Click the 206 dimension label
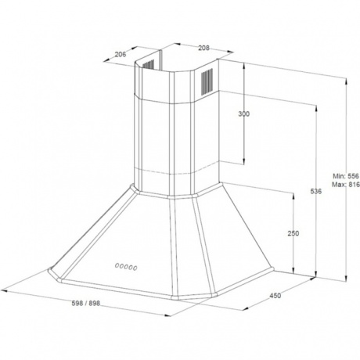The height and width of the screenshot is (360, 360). click(x=121, y=54)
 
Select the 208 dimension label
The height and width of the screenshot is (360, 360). click(x=204, y=48)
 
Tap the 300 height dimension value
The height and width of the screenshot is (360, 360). click(x=244, y=114)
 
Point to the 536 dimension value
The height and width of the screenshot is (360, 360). click(x=316, y=191)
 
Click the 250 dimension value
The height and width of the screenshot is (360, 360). click(x=293, y=233)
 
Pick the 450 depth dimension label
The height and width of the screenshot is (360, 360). click(x=275, y=296)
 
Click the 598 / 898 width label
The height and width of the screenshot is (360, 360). click(x=86, y=303)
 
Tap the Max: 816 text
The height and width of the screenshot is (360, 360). click(x=346, y=185)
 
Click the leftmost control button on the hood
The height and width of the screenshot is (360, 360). click(x=117, y=265)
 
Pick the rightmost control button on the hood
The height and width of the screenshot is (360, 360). click(x=135, y=268)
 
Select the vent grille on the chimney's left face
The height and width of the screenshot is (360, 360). click(x=148, y=64)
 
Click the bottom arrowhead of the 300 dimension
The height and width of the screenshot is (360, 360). click(x=244, y=162)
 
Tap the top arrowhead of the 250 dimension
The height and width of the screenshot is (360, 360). click(x=293, y=196)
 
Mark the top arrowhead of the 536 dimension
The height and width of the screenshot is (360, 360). click(x=316, y=108)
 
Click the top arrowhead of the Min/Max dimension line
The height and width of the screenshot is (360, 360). click(x=346, y=81)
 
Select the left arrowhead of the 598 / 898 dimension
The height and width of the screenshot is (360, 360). click(x=4, y=291)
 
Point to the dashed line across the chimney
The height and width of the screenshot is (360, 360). click(x=178, y=170)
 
